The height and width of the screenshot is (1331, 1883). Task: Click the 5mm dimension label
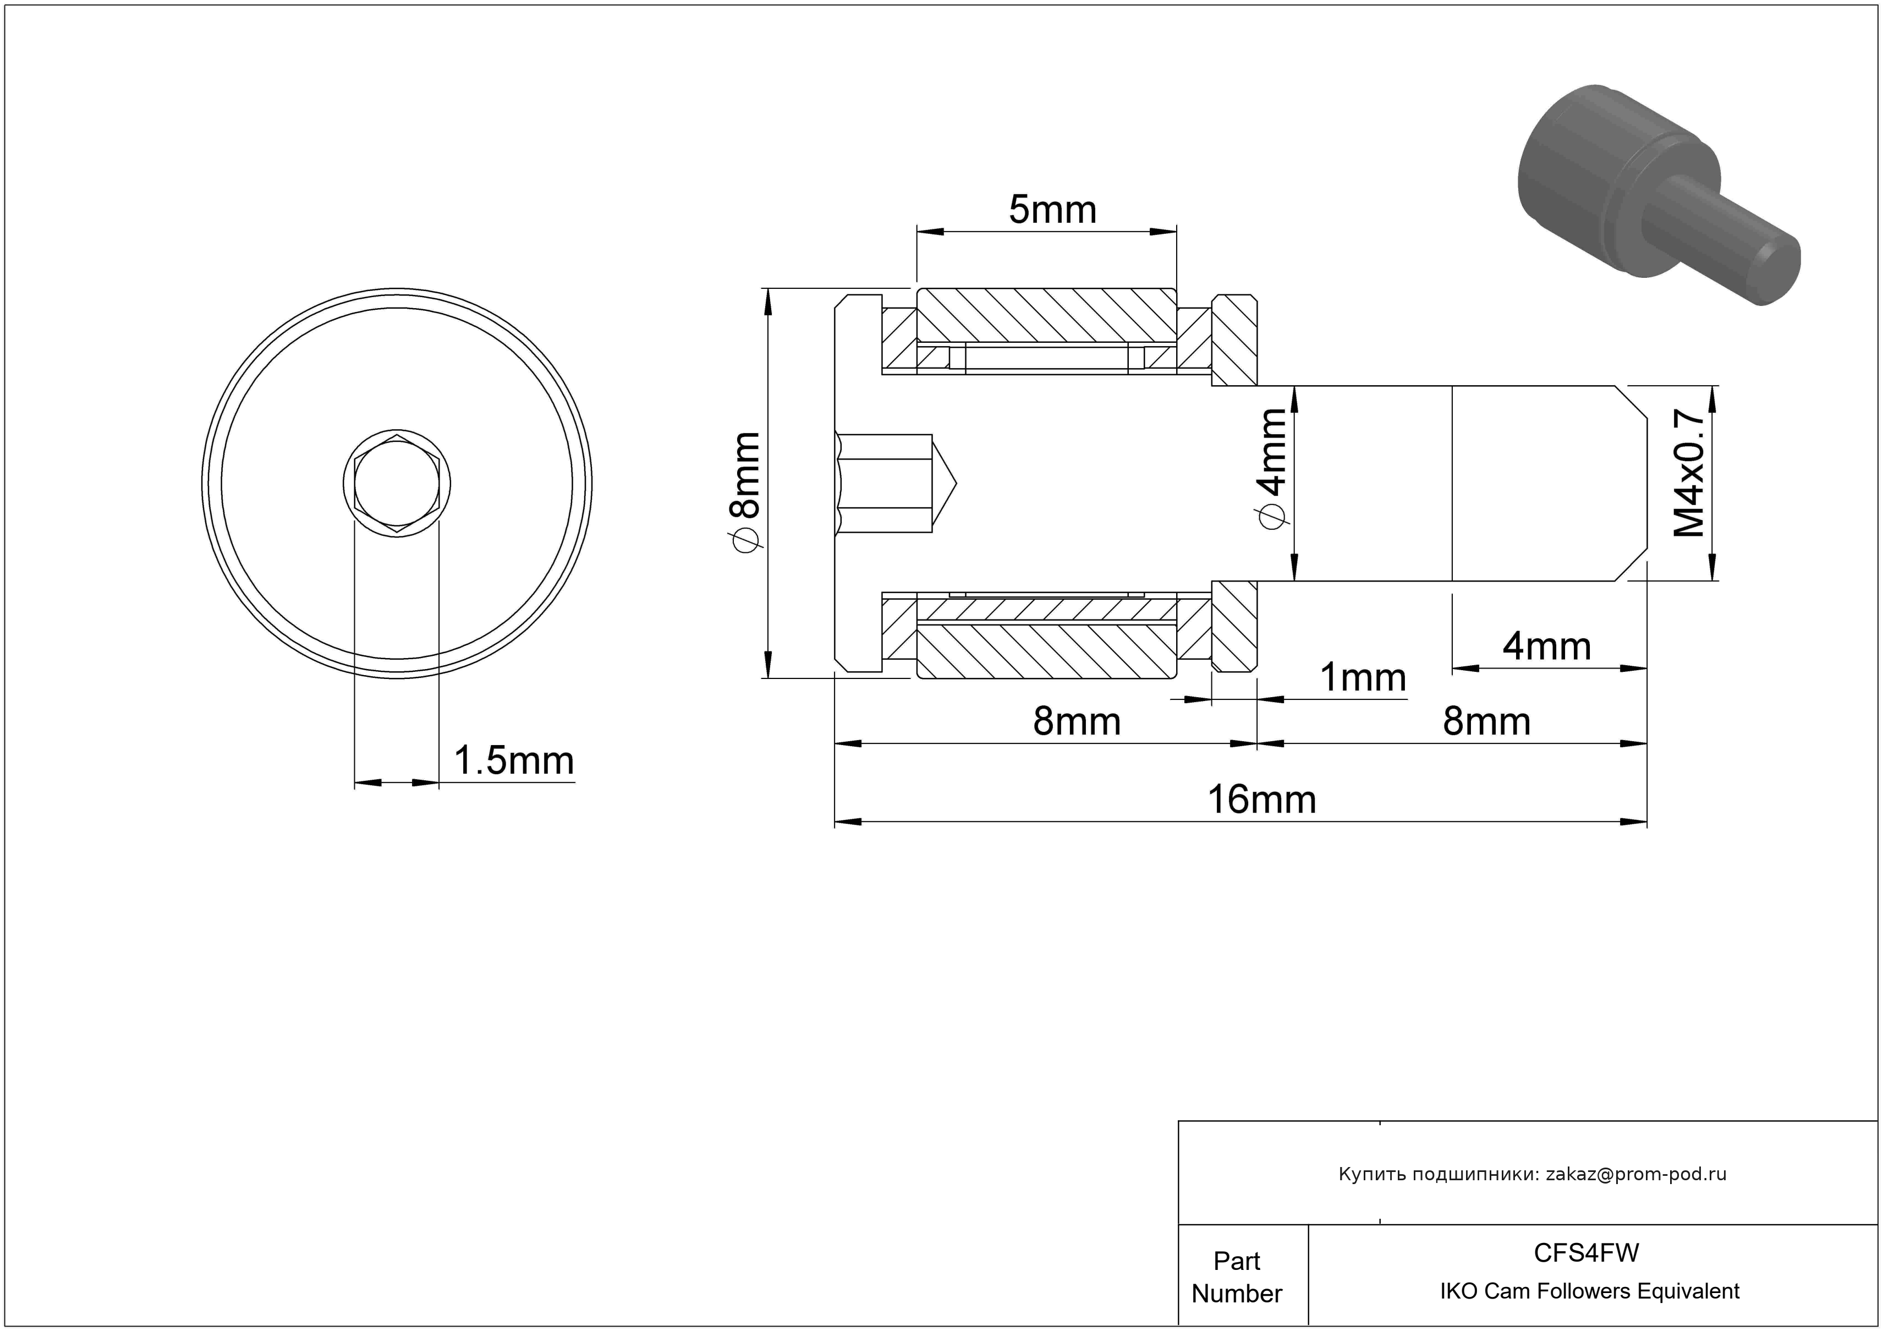(x=1052, y=210)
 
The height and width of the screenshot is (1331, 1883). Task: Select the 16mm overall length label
(x=1261, y=799)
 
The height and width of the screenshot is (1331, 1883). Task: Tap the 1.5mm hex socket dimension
(x=513, y=760)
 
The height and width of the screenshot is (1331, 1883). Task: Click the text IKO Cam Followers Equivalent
(x=1589, y=1291)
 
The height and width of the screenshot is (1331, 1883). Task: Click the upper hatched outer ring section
(x=1046, y=314)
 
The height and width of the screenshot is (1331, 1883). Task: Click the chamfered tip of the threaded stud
(x=1632, y=483)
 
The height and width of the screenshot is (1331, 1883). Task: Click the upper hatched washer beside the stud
(x=1234, y=341)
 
